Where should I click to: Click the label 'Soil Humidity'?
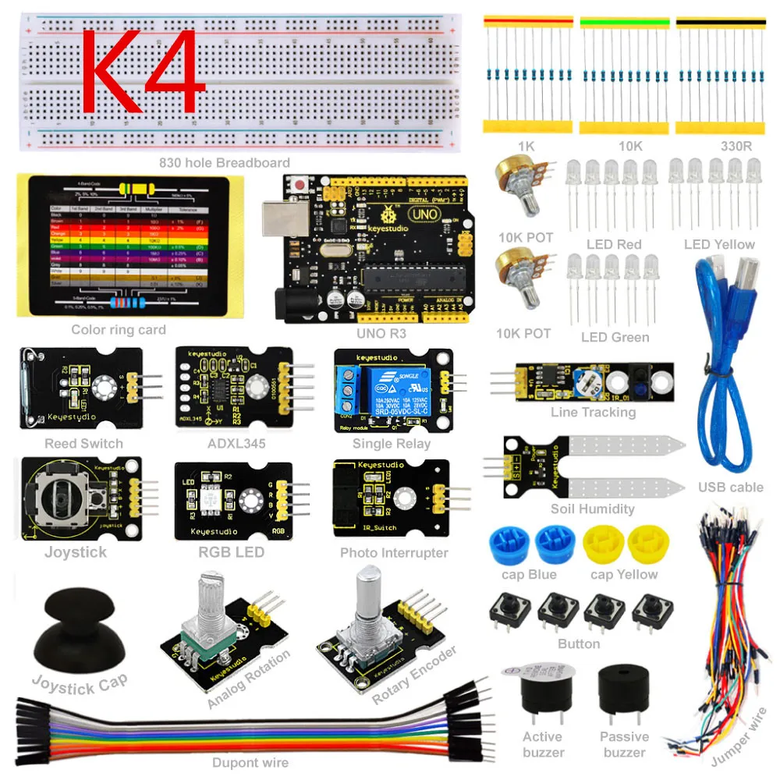(592, 509)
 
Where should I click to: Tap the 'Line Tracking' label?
(593, 412)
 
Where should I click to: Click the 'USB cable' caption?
(730, 487)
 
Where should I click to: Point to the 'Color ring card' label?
(119, 330)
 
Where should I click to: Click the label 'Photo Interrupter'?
(394, 553)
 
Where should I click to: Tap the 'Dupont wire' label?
(250, 763)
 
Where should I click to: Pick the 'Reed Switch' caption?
(83, 444)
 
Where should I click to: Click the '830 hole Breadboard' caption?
(224, 163)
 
